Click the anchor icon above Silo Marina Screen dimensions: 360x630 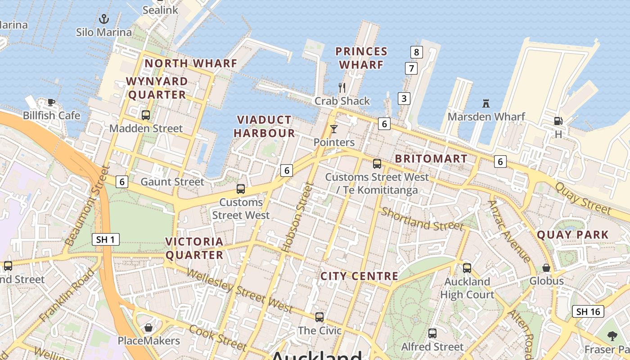pos(104,19)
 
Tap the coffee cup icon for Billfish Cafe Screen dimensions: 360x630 pos(51,102)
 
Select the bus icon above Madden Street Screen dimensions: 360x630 pos(146,115)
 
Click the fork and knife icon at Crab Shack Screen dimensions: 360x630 pos(342,87)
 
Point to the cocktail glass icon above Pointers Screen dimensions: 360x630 pos(333,129)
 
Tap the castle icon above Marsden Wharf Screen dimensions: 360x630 pos(486,103)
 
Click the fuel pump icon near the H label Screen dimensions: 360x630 pos(558,121)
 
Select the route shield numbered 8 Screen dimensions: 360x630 pos(416,52)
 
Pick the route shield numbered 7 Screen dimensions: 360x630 pos(411,68)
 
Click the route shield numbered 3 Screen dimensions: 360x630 pos(404,98)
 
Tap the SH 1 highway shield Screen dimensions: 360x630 pos(105,239)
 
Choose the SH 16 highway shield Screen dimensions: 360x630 pos(588,311)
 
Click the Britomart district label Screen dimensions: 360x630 pos(431,159)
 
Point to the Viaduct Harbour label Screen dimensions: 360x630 pos(264,126)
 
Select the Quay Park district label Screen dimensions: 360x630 pos(572,234)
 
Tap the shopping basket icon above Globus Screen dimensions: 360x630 pos(546,268)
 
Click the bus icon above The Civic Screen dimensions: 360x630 pos(319,317)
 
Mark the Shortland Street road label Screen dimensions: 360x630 pos(422,219)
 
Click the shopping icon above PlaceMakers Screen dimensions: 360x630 pos(148,328)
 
